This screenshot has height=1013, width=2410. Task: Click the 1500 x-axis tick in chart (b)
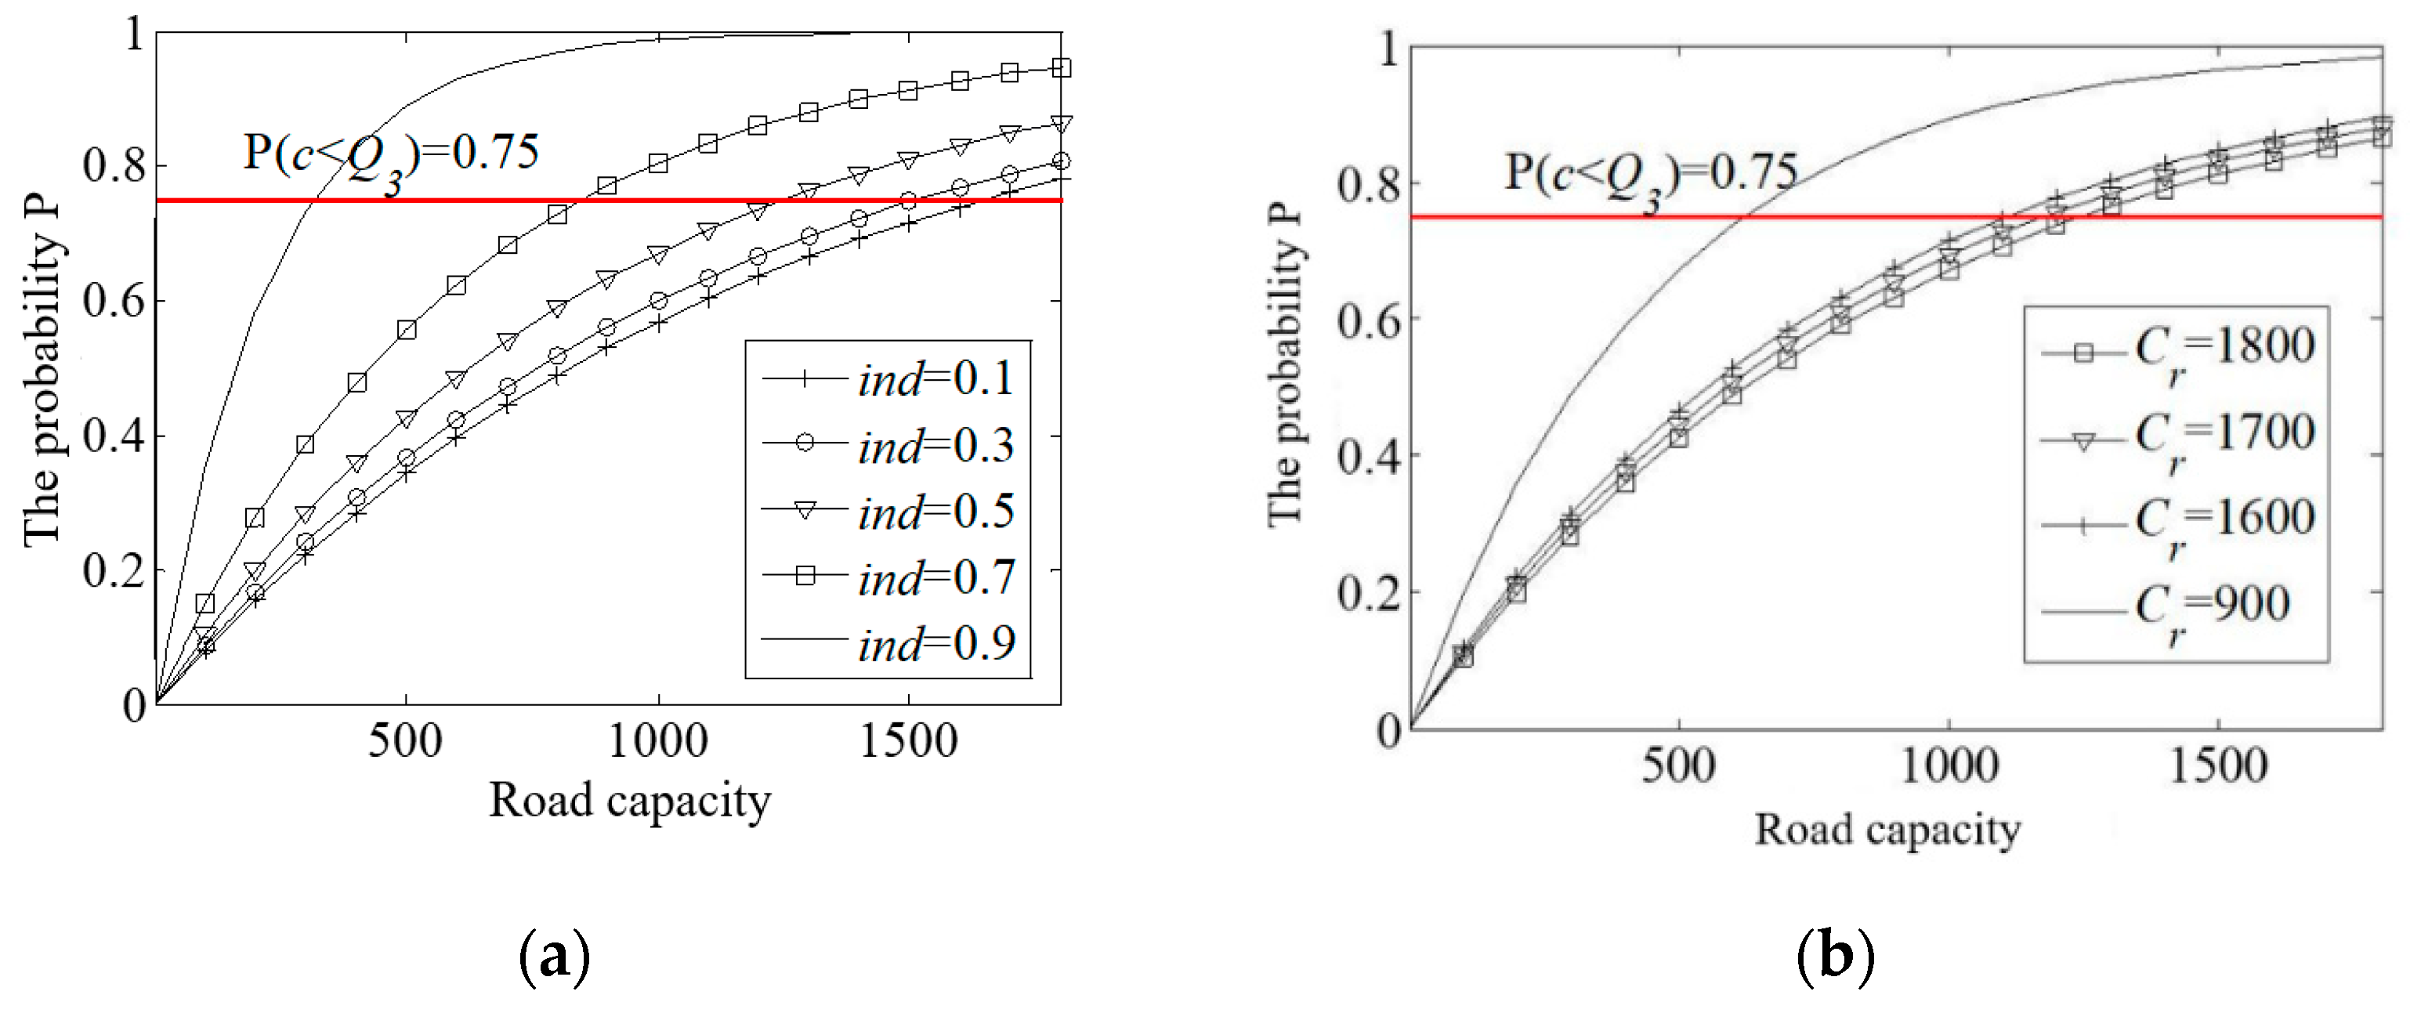tap(2217, 765)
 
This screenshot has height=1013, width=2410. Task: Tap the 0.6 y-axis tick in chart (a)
tap(114, 301)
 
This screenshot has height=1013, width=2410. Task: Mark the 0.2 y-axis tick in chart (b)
tap(1368, 593)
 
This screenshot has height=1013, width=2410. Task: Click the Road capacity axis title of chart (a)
tap(630, 801)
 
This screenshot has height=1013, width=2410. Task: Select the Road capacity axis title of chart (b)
tap(1887, 829)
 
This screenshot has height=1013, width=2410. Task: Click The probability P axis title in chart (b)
tap(1286, 365)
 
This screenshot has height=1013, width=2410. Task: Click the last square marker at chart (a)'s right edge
tap(1061, 67)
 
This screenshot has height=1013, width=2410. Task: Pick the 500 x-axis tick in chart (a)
tap(405, 741)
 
